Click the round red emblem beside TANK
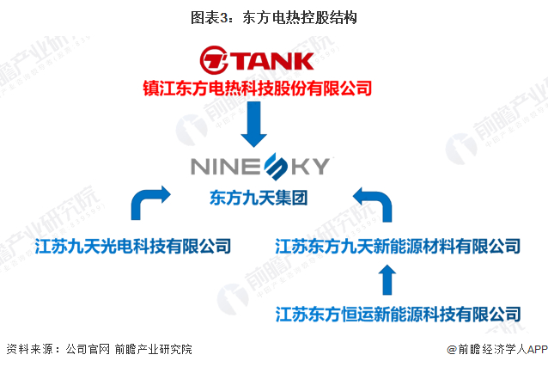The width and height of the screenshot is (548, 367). [x=213, y=61]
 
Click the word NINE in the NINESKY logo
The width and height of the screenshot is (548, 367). [x=225, y=164]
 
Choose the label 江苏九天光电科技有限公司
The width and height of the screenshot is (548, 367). [x=133, y=248]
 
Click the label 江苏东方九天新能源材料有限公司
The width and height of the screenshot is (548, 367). [x=397, y=248]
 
